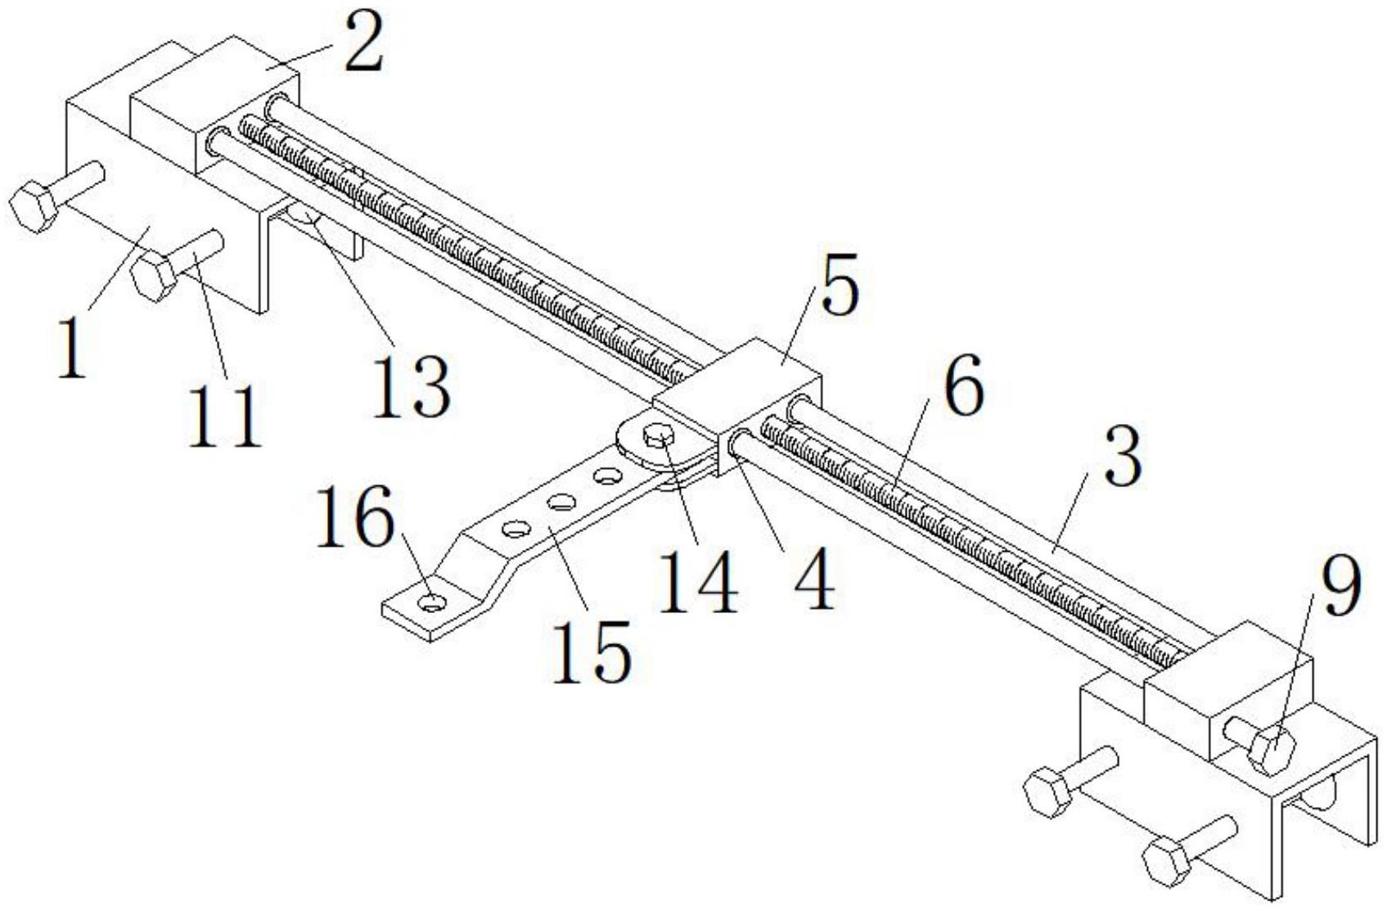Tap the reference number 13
410,386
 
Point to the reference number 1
71,346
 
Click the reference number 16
355,516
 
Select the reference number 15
591,652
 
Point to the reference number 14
698,581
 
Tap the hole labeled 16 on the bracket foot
432,600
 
